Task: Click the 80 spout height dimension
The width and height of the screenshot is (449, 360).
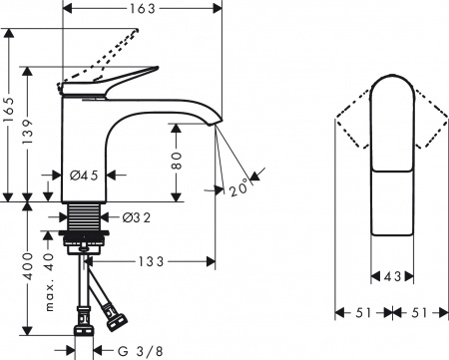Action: point(177,160)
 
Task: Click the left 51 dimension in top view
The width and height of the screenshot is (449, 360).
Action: point(360,312)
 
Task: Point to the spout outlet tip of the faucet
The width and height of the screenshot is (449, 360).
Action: point(215,123)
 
